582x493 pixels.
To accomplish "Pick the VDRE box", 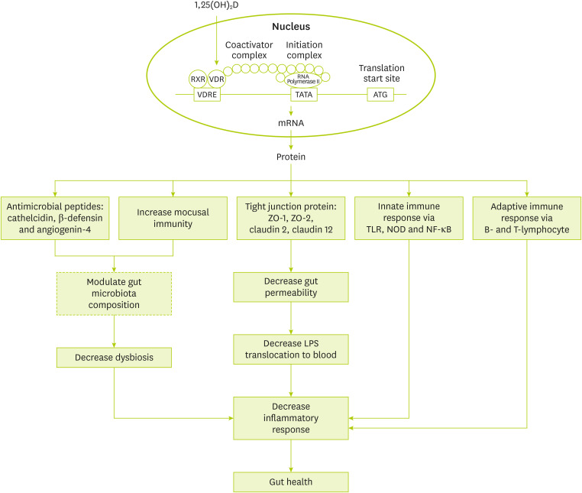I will tap(207, 96).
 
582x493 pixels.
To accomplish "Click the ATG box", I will tap(382, 96).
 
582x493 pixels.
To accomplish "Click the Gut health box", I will tap(290, 482).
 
